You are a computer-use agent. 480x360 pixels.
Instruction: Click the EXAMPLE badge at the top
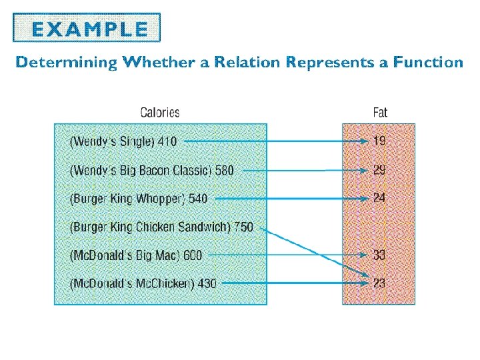[x=87, y=28]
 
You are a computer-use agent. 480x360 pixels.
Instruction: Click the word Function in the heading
[x=427, y=63]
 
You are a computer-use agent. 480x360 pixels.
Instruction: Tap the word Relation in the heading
[x=245, y=63]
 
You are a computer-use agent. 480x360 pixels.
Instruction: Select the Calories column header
[x=159, y=113]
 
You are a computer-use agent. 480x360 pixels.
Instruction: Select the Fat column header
[x=380, y=113]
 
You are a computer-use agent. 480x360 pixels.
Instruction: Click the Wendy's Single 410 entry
[x=123, y=141]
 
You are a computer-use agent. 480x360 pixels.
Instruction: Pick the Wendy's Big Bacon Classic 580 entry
[x=151, y=170]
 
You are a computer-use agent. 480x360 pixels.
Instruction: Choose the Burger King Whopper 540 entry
[x=139, y=199]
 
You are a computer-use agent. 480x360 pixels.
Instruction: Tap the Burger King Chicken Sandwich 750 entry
[x=161, y=227]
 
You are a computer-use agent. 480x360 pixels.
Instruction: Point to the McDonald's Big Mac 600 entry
[x=135, y=255]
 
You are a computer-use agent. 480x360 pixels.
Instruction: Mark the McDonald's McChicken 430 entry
[x=143, y=283]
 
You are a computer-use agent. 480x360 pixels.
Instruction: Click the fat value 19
[x=379, y=141]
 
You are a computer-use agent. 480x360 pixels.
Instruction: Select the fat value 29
[x=379, y=170]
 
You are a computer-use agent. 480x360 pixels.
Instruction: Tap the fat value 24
[x=379, y=198]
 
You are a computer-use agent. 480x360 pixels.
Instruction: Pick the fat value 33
[x=379, y=255]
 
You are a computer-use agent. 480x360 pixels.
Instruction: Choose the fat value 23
[x=379, y=283]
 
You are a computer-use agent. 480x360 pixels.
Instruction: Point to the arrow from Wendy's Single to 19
[x=273, y=141]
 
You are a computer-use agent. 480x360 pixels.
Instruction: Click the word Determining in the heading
[x=66, y=63]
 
